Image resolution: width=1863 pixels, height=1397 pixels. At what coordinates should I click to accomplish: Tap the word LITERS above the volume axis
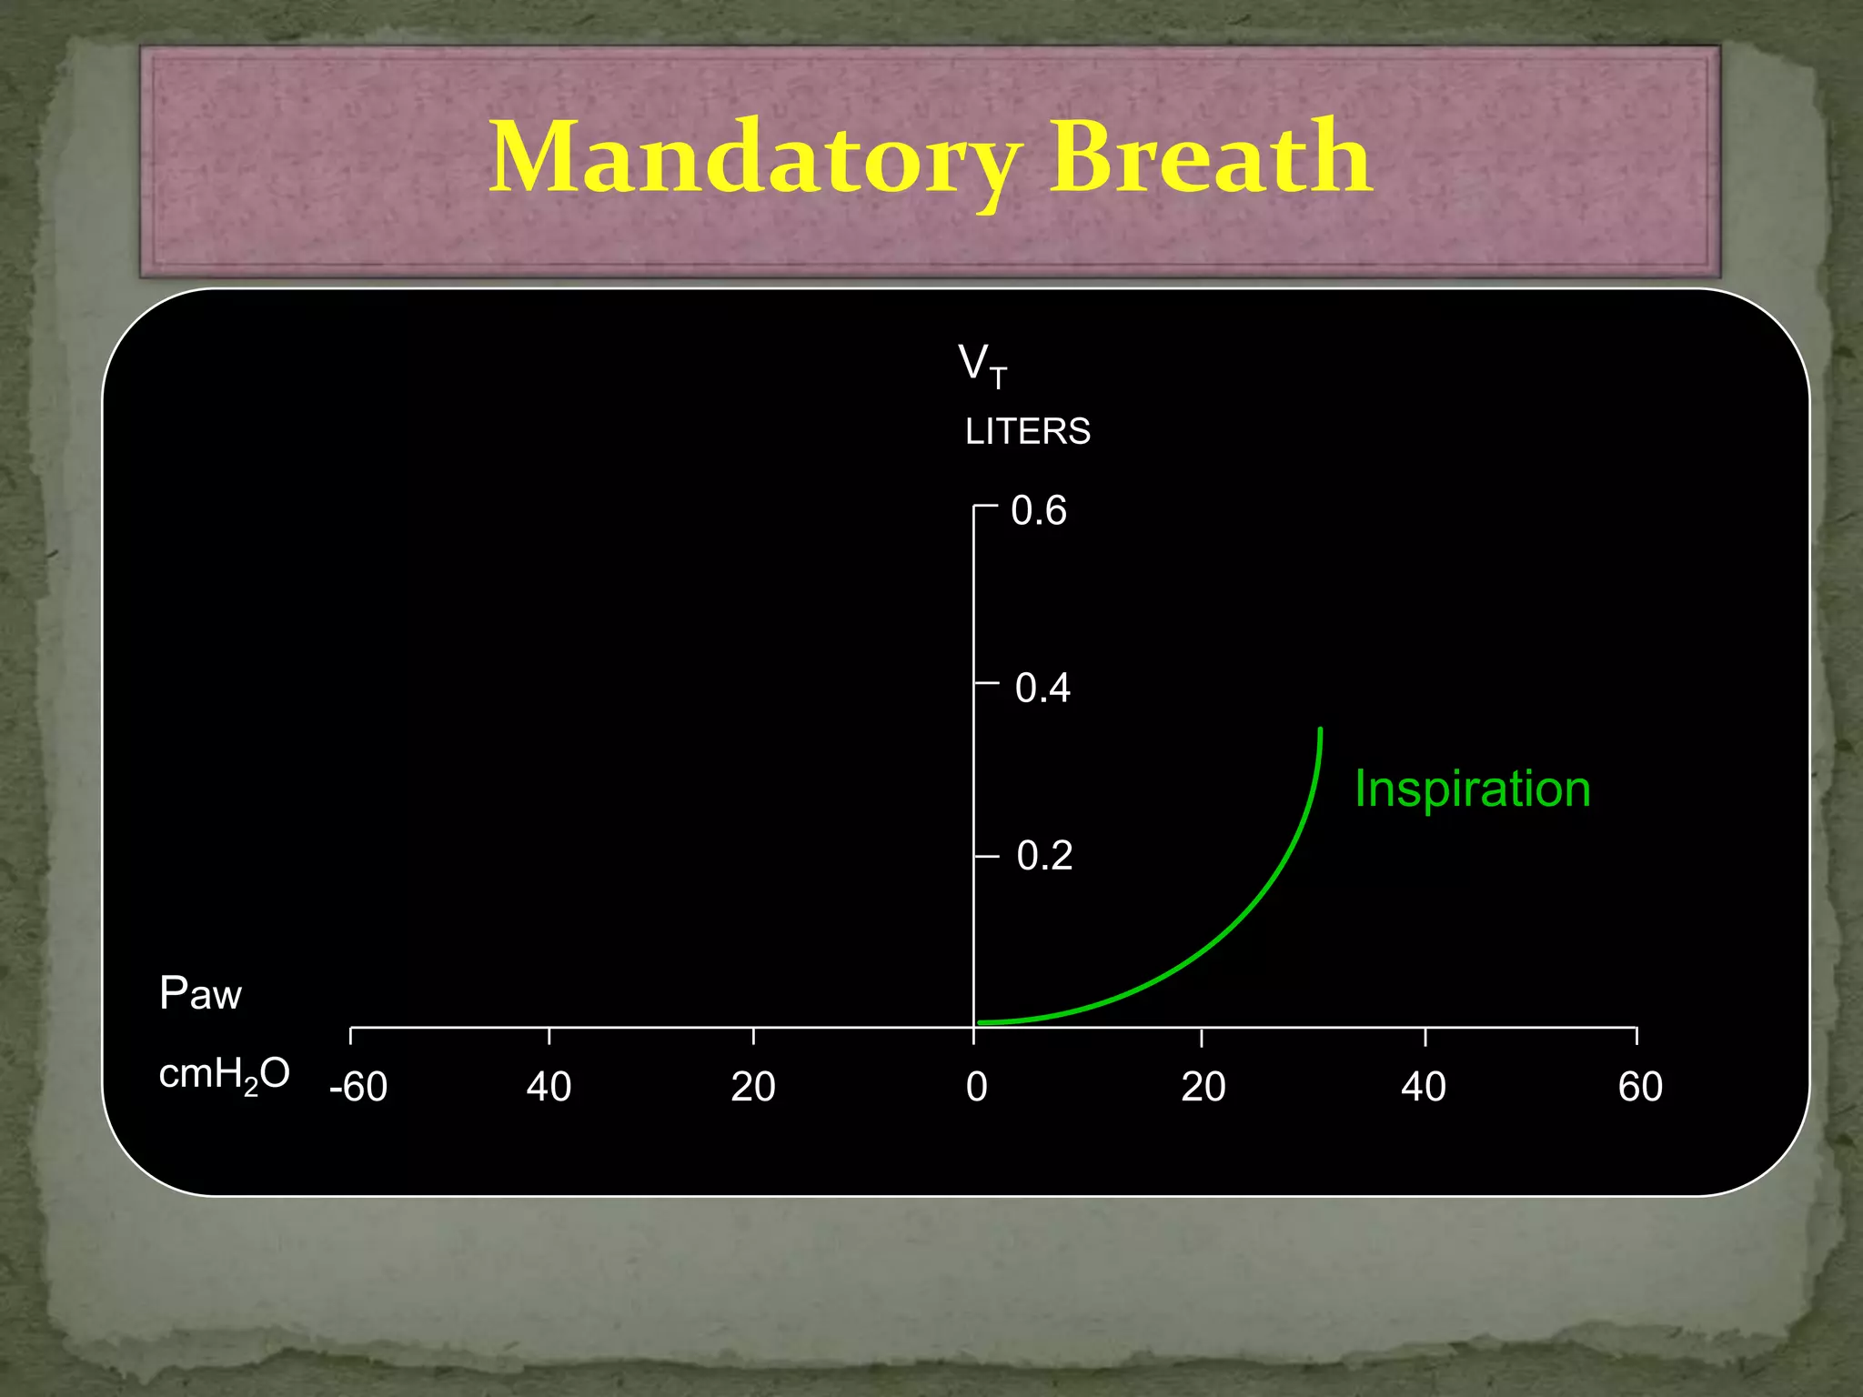[1028, 431]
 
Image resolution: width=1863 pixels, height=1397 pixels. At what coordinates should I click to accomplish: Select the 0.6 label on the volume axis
[1039, 511]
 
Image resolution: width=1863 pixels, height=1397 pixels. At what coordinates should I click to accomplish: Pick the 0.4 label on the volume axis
[1042, 688]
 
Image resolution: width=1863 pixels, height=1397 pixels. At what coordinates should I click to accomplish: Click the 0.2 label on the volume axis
[1044, 856]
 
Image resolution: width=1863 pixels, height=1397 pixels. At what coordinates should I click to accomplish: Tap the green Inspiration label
[1472, 789]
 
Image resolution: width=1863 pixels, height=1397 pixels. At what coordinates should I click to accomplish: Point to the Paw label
[200, 993]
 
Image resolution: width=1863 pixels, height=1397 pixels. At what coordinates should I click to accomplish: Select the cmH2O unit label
[224, 1075]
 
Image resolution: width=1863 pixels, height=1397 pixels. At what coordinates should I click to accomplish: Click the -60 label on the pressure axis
[358, 1087]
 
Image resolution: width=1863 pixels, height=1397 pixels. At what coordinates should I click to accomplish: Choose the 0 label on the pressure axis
[976, 1087]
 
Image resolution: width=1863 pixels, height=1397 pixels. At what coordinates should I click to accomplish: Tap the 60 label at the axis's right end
[1640, 1087]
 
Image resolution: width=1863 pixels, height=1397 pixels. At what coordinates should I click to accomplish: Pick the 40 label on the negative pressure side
[549, 1087]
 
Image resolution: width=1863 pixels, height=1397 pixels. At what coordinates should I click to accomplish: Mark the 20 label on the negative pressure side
[753, 1087]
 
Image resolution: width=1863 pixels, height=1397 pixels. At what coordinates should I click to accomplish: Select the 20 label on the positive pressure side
[1203, 1087]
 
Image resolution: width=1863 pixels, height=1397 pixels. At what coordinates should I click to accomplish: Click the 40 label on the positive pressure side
[1424, 1087]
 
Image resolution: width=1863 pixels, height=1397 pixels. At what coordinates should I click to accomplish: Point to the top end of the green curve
[1320, 730]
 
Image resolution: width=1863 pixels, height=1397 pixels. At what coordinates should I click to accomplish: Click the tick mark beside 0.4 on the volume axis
[986, 681]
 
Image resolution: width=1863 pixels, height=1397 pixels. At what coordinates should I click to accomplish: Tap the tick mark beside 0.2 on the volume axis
[986, 856]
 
